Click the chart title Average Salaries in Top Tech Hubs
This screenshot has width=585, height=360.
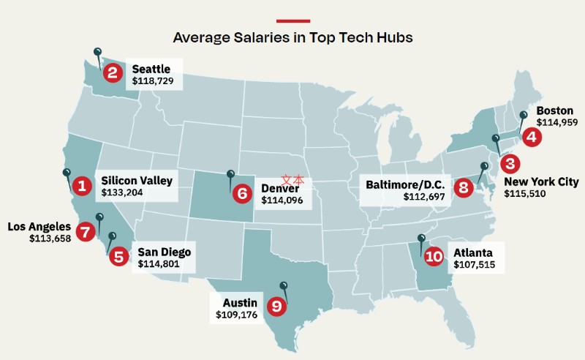[x=292, y=36]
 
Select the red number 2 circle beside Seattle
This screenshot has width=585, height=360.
[x=112, y=72]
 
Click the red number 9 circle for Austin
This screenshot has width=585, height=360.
[x=276, y=306]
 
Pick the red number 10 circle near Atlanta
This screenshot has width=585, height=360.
[x=434, y=256]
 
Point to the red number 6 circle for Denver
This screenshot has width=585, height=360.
[x=242, y=194]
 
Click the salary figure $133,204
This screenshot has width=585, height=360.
[x=122, y=193]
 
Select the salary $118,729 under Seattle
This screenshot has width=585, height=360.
[x=153, y=80]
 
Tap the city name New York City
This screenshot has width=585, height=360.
[x=540, y=181]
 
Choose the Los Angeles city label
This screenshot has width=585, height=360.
[x=39, y=227]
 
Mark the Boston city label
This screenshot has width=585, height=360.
[x=555, y=110]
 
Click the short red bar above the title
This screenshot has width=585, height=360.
[x=292, y=20]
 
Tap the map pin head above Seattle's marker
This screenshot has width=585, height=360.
[x=97, y=51]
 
